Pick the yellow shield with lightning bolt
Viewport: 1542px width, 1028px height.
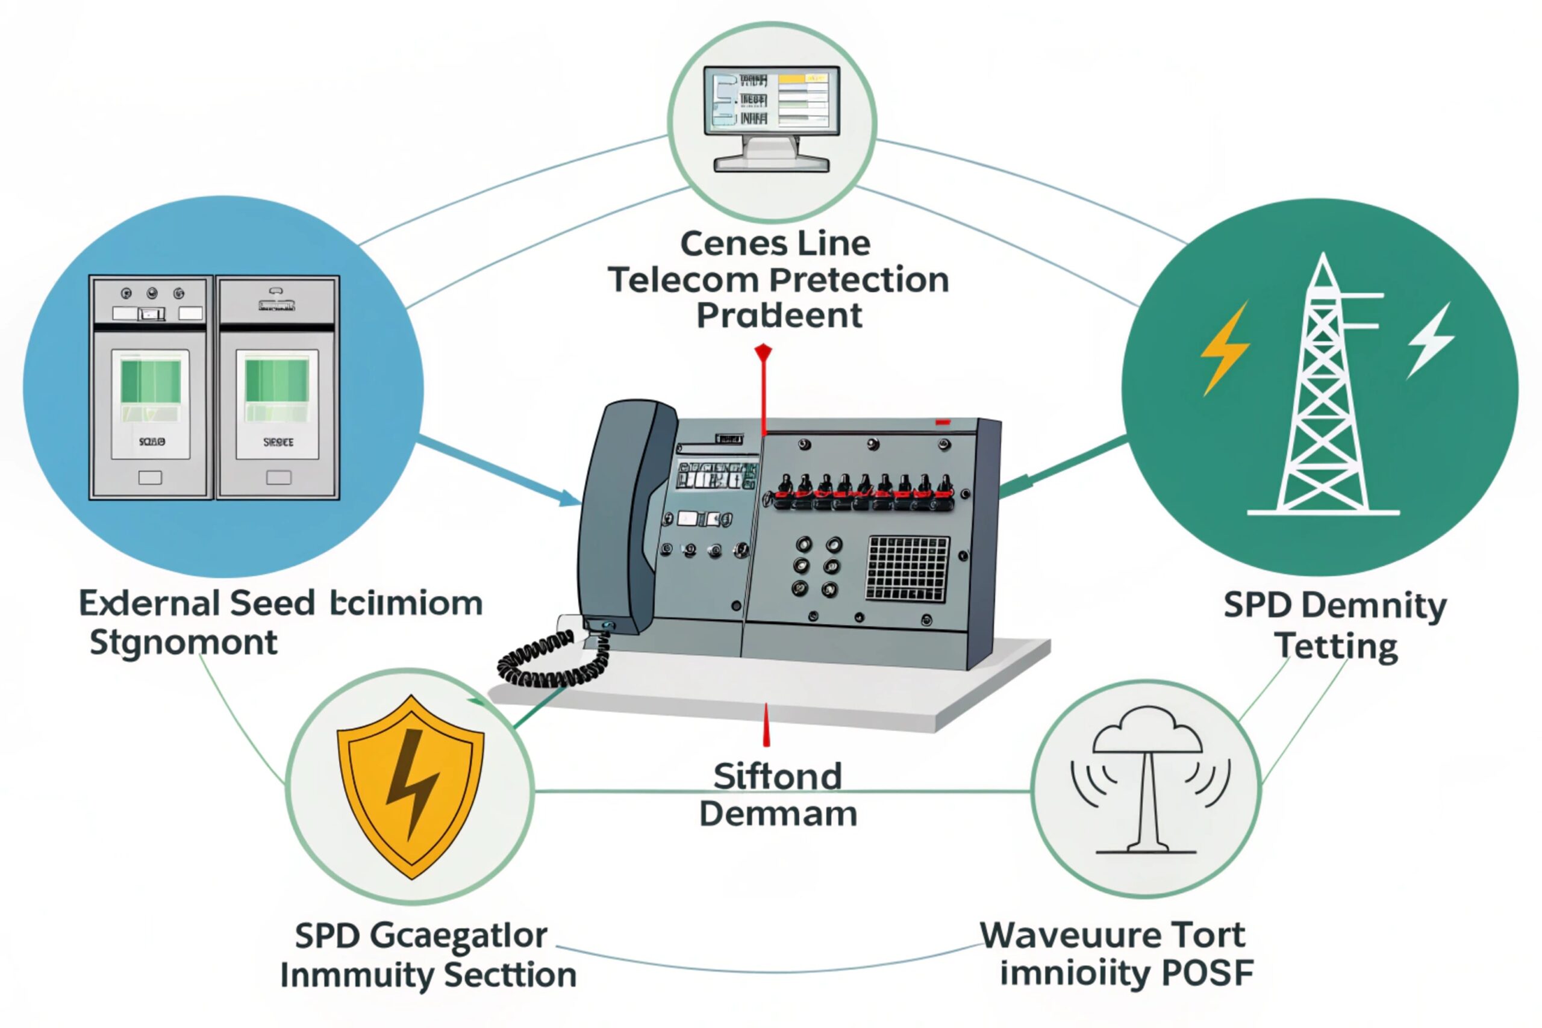tap(411, 787)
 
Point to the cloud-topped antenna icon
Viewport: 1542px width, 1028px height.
tap(1147, 780)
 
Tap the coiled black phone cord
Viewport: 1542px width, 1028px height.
tap(551, 659)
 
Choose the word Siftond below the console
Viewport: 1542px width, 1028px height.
tap(778, 777)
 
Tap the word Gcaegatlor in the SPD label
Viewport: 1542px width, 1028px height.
tap(458, 936)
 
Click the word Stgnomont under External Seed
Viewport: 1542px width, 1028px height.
tap(184, 643)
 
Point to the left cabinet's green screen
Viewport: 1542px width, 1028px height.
tap(151, 382)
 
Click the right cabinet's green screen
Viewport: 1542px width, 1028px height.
tap(276, 382)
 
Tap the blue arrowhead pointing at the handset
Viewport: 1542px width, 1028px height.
tap(569, 499)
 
